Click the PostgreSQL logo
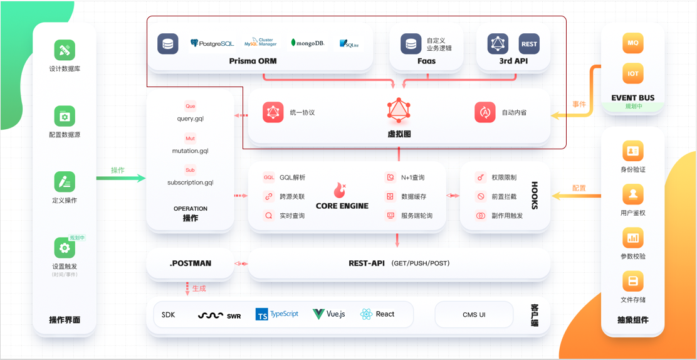(x=212, y=43)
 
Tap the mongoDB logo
(x=308, y=43)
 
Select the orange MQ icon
(x=633, y=43)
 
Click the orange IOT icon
(x=633, y=73)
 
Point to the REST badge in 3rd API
(x=529, y=44)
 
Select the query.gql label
(x=190, y=119)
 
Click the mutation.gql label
(x=190, y=151)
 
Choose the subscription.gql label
(x=190, y=183)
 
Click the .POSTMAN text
(x=190, y=263)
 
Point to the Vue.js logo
(x=329, y=314)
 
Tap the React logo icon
(x=367, y=314)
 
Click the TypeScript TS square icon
(x=262, y=315)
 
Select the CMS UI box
(x=474, y=315)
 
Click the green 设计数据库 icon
(x=65, y=50)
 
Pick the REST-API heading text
(x=367, y=263)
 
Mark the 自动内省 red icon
(x=485, y=112)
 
